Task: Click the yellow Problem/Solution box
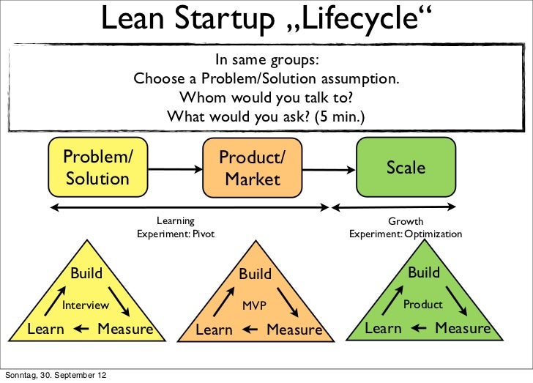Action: [x=98, y=168]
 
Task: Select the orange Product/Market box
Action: [x=252, y=168]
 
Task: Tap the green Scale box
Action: [x=406, y=168]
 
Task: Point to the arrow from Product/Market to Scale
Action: [x=329, y=169]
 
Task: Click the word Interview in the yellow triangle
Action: [x=85, y=305]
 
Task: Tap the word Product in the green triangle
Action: [x=423, y=304]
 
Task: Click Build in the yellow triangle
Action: [x=86, y=274]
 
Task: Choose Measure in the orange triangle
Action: [x=294, y=330]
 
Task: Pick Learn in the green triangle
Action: [x=383, y=328]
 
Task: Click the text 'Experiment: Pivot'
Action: [x=176, y=234]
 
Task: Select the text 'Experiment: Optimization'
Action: [x=405, y=234]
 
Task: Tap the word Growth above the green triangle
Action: [x=406, y=221]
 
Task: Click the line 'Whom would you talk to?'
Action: [x=266, y=97]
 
